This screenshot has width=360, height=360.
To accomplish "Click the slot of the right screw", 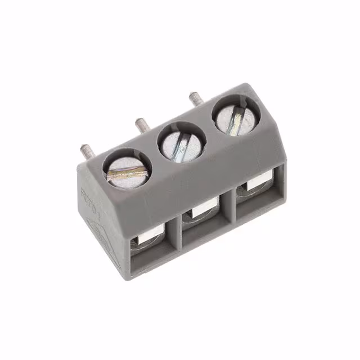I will tap(237, 116).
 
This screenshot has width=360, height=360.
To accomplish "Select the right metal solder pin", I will tap(194, 98).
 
